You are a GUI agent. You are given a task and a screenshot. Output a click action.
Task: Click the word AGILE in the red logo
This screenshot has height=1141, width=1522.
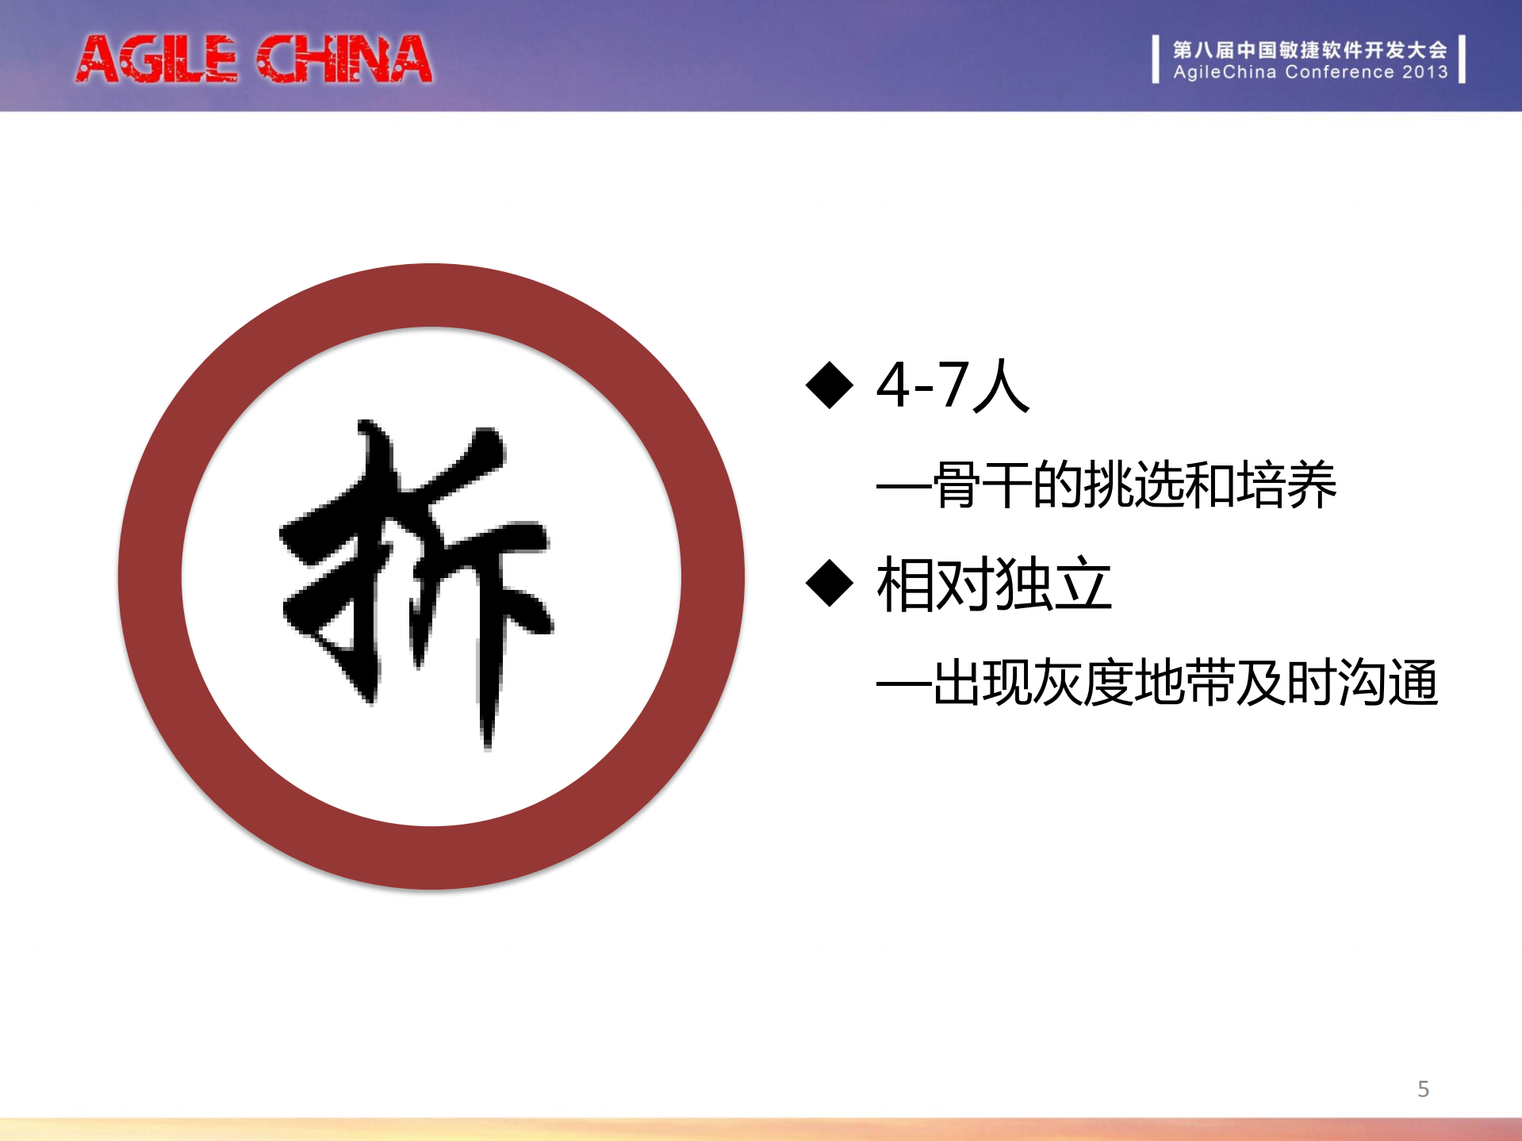(x=157, y=59)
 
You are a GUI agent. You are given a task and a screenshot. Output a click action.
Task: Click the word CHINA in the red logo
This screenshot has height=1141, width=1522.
(x=344, y=59)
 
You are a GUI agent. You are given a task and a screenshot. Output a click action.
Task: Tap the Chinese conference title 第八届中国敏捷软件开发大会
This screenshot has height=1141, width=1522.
(x=1309, y=50)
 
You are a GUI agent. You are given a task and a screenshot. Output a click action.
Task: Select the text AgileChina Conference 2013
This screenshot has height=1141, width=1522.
(x=1310, y=72)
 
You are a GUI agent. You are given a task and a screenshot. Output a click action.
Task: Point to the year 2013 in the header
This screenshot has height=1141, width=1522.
(x=1424, y=72)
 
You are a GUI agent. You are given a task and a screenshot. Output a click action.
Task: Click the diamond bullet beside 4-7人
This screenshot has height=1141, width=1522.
(x=829, y=385)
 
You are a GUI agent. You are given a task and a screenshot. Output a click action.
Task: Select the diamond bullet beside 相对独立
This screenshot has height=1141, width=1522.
(x=829, y=584)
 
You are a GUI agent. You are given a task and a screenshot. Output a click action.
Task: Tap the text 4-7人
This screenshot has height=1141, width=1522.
(x=953, y=385)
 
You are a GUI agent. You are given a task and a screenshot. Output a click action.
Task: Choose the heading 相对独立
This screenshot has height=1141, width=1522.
(x=994, y=584)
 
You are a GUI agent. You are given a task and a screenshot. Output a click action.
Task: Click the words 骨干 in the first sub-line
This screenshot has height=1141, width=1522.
(x=981, y=484)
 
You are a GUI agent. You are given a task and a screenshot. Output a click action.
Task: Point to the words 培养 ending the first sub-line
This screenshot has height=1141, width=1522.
(x=1286, y=484)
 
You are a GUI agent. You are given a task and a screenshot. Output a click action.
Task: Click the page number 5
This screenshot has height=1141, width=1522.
(x=1423, y=1089)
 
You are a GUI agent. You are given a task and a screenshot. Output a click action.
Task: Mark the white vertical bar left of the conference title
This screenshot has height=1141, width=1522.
(x=1156, y=59)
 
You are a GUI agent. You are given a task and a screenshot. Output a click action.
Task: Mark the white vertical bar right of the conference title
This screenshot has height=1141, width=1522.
(x=1462, y=59)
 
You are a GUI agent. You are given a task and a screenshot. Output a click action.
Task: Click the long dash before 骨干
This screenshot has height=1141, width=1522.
(x=903, y=486)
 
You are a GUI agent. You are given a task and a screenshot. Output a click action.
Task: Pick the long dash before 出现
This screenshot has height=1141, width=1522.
(x=903, y=684)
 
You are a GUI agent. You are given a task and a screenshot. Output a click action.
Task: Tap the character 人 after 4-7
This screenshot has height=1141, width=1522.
(x=1002, y=385)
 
